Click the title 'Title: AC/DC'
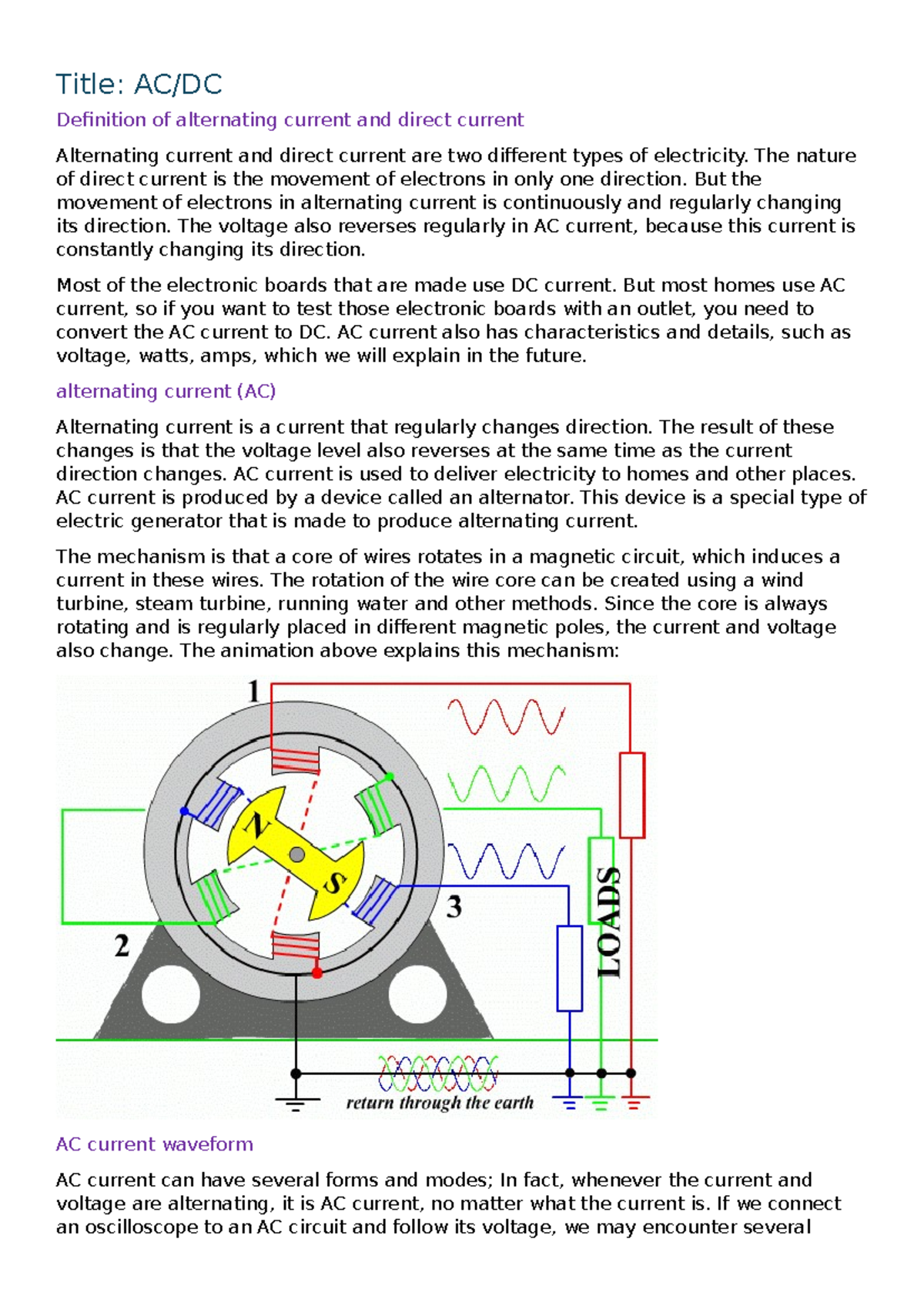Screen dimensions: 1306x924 click(139, 84)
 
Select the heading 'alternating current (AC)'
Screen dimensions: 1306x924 click(166, 391)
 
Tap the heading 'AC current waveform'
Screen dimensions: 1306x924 click(154, 1144)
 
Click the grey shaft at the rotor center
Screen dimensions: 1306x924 click(296, 854)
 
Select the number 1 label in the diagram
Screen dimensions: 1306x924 click(254, 692)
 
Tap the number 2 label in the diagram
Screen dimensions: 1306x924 click(122, 946)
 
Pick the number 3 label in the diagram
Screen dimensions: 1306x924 click(454, 906)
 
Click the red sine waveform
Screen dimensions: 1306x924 click(506, 717)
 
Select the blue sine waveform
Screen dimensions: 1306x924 click(506, 861)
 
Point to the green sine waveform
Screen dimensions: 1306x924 click(506, 784)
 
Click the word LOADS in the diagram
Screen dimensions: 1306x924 click(609, 922)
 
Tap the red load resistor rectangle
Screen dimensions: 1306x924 click(631, 795)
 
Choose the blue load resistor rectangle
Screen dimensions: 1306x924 click(569, 968)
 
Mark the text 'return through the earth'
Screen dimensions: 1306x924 click(440, 1103)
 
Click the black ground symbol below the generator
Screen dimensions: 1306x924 click(296, 1103)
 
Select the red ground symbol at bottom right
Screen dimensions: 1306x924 click(633, 1103)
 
